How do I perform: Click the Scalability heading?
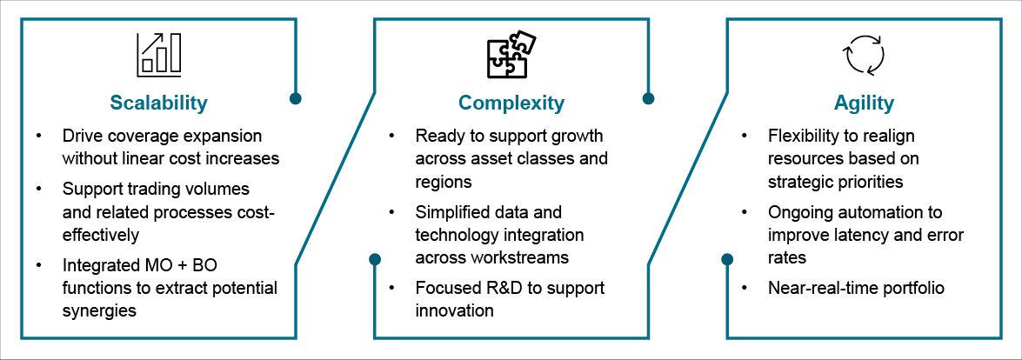[158, 103]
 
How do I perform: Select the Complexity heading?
[511, 103]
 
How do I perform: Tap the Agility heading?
[864, 103]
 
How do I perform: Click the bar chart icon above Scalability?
[158, 54]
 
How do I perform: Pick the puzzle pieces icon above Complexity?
[511, 54]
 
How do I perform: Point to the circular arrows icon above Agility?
[864, 54]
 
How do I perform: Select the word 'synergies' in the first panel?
[99, 310]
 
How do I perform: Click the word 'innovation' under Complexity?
[454, 310]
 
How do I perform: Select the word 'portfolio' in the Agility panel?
[912, 288]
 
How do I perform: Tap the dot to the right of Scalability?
[296, 98]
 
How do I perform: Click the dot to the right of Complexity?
[648, 98]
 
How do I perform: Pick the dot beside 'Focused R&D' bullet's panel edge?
[375, 259]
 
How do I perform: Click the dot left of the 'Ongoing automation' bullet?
[727, 259]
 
